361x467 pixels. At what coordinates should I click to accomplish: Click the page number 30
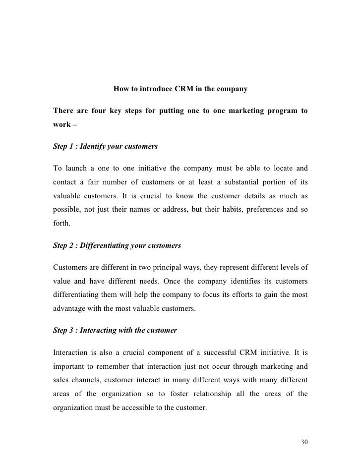point(304,442)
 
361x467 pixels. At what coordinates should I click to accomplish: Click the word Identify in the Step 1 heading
point(95,147)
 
